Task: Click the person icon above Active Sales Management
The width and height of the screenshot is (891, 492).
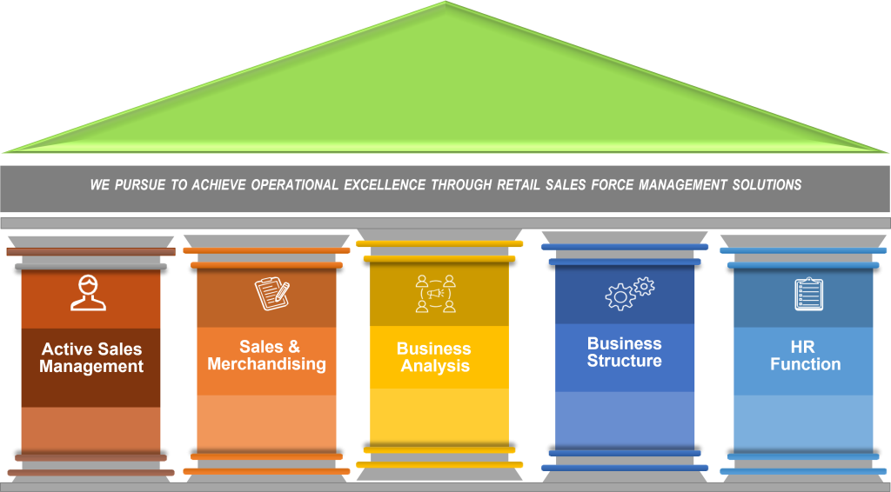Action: coord(89,293)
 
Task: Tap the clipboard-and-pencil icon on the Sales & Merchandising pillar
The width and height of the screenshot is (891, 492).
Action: coord(271,294)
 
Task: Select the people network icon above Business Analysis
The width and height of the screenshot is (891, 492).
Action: coord(435,294)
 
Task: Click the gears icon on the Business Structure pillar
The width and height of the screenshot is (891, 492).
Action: coord(628,294)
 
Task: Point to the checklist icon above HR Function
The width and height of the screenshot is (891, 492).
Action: coord(808,294)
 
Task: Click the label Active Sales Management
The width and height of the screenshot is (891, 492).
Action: coord(91,357)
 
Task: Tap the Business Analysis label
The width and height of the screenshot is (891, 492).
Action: coord(434,357)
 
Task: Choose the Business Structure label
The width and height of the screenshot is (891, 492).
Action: coord(625,352)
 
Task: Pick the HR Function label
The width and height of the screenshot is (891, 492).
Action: coord(806,356)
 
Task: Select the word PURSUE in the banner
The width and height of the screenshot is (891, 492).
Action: coord(139,184)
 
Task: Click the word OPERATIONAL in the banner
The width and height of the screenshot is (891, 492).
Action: coord(292,184)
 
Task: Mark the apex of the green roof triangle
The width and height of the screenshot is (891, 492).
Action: coord(445,3)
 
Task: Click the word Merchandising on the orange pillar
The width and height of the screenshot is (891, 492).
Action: coord(266,364)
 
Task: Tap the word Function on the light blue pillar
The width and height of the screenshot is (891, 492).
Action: coord(806,364)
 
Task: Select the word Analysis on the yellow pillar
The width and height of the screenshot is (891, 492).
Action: coord(435,366)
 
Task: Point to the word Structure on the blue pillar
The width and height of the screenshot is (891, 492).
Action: coord(625,361)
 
